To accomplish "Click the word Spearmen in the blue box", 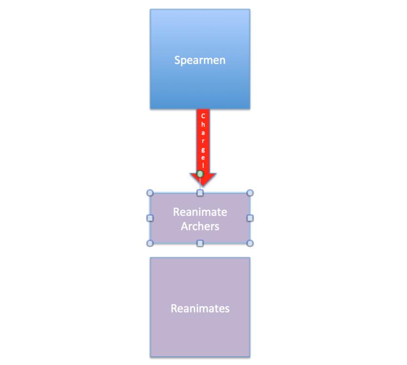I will [x=200, y=60].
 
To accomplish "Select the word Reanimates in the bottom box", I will [x=200, y=309].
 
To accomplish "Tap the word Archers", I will [x=200, y=226].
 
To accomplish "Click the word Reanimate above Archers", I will [x=200, y=212].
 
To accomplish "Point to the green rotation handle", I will [x=200, y=174].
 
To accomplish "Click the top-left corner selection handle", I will [x=150, y=193].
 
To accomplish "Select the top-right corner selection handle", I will [x=250, y=193].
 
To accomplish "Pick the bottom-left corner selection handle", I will [x=150, y=243].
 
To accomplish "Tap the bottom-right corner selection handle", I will [x=250, y=243].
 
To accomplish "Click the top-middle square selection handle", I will [x=200, y=193].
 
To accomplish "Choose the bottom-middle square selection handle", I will [x=200, y=243].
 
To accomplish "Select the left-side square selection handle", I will [x=150, y=218].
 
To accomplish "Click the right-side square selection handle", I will [x=250, y=218].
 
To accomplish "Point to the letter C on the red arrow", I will [x=203, y=117].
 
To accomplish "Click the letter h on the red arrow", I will [x=203, y=125].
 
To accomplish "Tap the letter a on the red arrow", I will [x=203, y=133].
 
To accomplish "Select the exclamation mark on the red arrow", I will [x=203, y=165].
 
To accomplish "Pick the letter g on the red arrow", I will [x=203, y=149].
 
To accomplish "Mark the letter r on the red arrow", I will [x=203, y=141].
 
